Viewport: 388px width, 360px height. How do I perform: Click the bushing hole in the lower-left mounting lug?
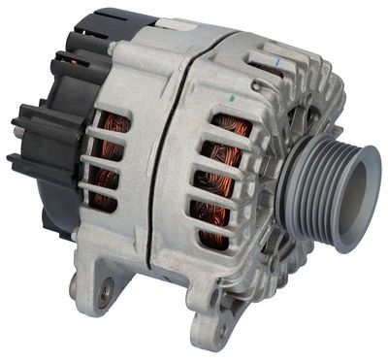(105, 287)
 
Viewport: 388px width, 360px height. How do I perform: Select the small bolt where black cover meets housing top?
(113, 46)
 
